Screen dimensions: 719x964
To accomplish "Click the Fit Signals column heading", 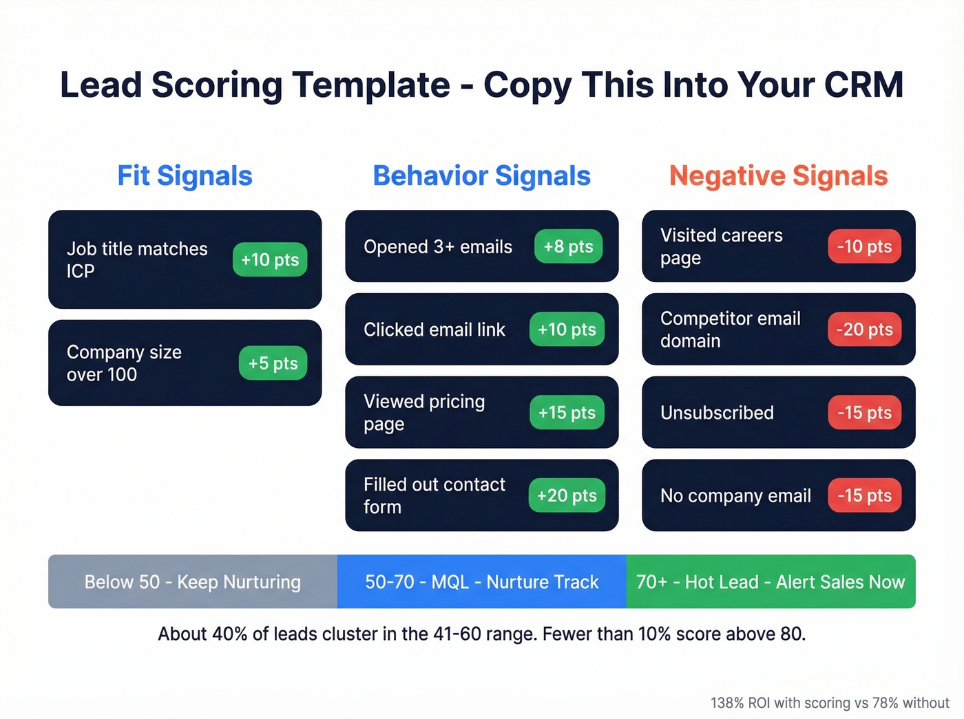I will tap(185, 176).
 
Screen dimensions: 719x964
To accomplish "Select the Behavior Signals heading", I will tap(481, 176).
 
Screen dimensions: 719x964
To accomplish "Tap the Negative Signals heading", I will tap(778, 176).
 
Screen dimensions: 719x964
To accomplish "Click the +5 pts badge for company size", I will tap(273, 363).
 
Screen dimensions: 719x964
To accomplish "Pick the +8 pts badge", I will tap(568, 246).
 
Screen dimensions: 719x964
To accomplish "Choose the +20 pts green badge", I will tap(567, 495).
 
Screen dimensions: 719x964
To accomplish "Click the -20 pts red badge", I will tap(864, 330).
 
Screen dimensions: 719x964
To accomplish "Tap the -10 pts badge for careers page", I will tap(864, 246).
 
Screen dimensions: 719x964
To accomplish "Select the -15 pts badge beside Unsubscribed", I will tap(864, 413).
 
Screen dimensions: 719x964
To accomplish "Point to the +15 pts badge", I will tap(567, 413).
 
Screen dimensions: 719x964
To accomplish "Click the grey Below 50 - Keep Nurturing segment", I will tap(193, 582).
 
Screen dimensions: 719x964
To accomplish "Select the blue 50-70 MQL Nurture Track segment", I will tap(482, 582).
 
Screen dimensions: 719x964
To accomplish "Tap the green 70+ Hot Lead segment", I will tap(771, 582).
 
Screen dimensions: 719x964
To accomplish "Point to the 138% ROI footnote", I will tap(830, 703).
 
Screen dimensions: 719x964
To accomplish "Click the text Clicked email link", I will tap(434, 330).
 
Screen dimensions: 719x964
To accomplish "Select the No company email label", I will tap(735, 496).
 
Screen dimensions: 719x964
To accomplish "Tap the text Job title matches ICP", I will tap(137, 259).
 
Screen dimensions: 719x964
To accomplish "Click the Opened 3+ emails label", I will tap(438, 247).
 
